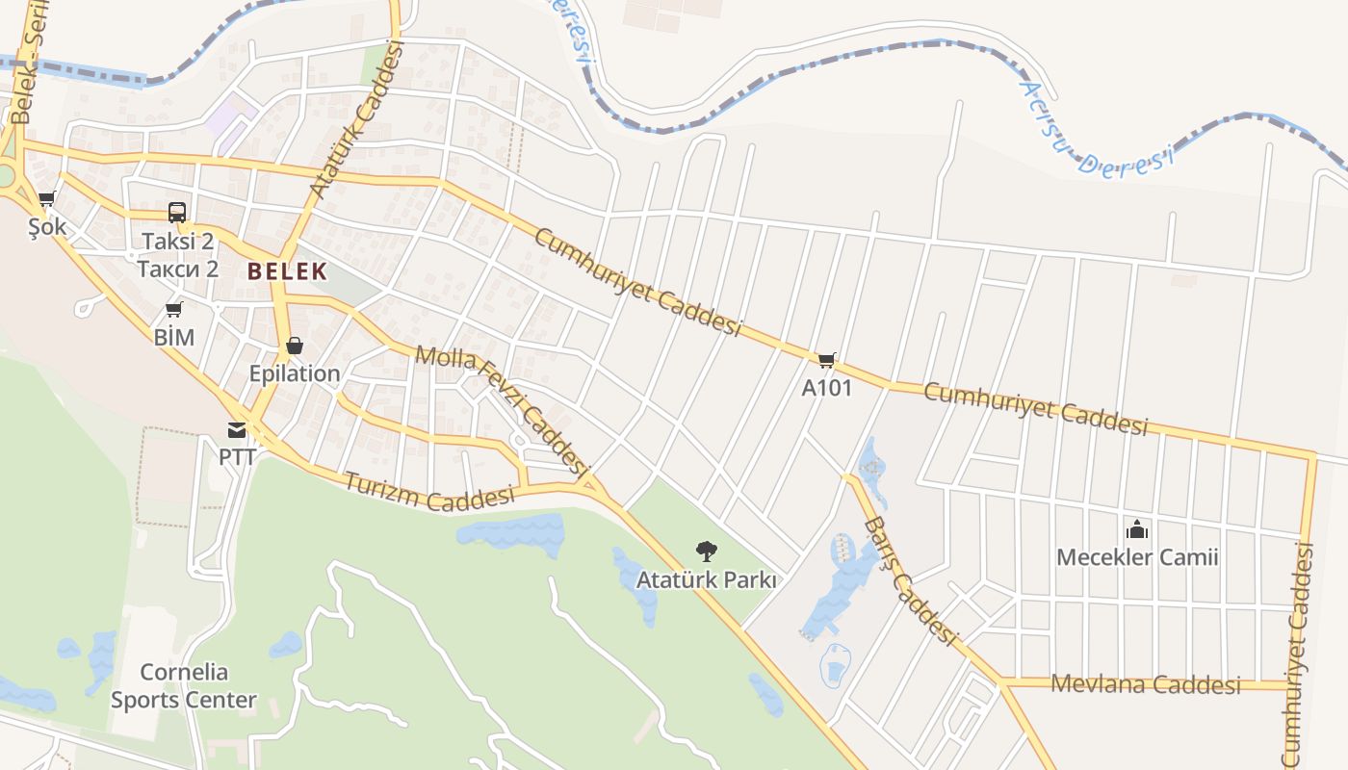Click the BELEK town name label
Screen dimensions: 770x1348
(287, 271)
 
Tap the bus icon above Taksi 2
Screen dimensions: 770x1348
(177, 213)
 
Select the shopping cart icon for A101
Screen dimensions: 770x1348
(826, 361)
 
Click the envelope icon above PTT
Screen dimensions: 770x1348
(237, 429)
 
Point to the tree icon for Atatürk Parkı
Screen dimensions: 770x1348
(706, 552)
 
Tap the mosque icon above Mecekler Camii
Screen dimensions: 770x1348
(1137, 529)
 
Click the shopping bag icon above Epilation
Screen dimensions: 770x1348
(295, 346)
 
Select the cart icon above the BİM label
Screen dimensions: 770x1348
(174, 309)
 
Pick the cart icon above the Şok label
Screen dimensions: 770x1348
(46, 199)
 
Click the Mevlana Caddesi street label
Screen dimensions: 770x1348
(1146, 684)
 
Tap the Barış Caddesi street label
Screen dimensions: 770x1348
(910, 581)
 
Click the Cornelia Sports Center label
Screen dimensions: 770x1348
(183, 685)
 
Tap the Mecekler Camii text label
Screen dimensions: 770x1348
(1137, 557)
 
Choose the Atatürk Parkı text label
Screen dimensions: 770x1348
(706, 580)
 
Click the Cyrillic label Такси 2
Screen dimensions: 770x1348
(177, 269)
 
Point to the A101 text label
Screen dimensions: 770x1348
(826, 388)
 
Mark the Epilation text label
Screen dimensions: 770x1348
(295, 373)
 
